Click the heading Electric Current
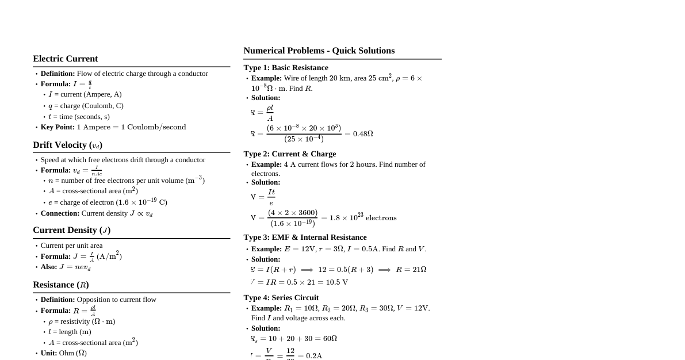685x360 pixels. tap(65, 59)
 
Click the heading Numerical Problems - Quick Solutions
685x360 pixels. tap(319, 51)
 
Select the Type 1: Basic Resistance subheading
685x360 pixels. tap(286, 68)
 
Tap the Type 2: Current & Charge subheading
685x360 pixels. tap(289, 154)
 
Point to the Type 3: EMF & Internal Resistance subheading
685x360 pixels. tap(305, 238)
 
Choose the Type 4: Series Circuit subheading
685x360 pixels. tap(281, 298)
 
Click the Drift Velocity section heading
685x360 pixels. tap(67, 145)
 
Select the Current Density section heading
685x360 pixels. tap(71, 230)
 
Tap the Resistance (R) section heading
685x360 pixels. tap(60, 285)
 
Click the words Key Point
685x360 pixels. tap(57, 127)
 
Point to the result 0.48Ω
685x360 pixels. tap(362, 134)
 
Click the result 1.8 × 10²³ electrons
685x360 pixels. tap(363, 218)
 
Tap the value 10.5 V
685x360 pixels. tap(337, 282)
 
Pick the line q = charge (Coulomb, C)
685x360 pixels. tap(86, 106)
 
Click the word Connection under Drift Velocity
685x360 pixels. tap(60, 213)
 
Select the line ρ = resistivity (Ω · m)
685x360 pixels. tap(82, 321)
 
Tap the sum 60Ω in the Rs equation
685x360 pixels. tap(330, 339)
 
